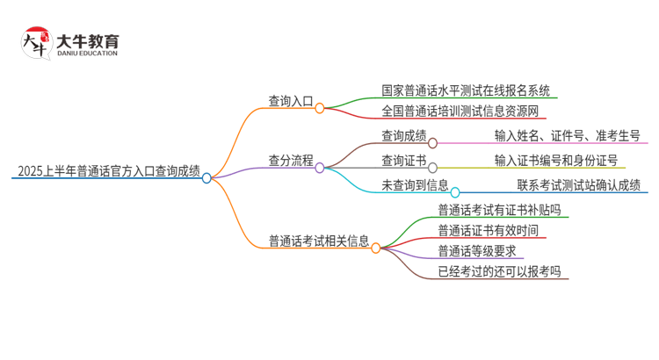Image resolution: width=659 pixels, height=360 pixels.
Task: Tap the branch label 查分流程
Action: (x=291, y=161)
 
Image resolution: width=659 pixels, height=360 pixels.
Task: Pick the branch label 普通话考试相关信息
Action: (x=319, y=241)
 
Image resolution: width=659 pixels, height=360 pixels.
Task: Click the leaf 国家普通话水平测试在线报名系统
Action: (x=466, y=90)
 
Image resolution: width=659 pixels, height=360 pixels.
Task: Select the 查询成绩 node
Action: (x=403, y=136)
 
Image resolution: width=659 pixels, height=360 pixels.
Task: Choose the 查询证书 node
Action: (x=403, y=161)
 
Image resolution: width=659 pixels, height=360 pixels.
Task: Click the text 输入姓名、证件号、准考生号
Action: (x=567, y=136)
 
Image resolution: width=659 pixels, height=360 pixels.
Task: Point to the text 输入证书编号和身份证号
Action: (x=555, y=161)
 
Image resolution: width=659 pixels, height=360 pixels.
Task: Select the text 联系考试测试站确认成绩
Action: (x=578, y=185)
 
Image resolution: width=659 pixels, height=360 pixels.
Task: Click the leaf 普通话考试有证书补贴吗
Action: (x=498, y=210)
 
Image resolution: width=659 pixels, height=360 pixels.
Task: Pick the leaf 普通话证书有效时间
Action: (x=488, y=231)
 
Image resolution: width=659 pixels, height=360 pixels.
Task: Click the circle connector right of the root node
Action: (x=207, y=177)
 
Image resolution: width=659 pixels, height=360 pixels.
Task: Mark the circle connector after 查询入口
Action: (x=320, y=108)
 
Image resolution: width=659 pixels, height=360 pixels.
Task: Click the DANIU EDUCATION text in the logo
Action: (x=86, y=54)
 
